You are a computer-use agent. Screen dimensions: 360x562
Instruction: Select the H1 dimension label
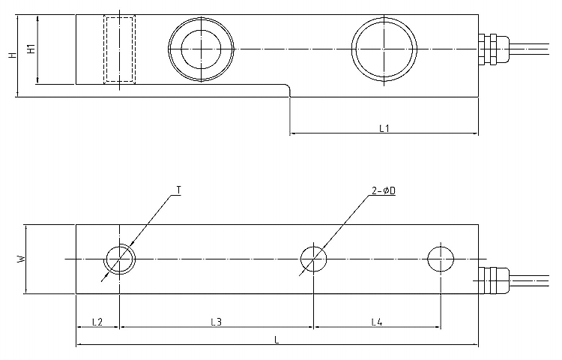click(x=31, y=49)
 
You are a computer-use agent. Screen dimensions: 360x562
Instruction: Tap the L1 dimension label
click(x=384, y=128)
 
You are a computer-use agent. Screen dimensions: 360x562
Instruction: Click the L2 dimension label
click(x=97, y=322)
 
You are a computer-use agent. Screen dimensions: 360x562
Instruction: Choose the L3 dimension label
click(x=217, y=322)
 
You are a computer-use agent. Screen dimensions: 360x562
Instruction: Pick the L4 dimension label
click(x=377, y=322)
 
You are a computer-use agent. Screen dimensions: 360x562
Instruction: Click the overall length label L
click(x=277, y=340)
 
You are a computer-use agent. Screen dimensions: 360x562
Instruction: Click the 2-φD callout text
click(x=384, y=192)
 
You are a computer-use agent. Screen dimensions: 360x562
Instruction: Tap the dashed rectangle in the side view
click(x=119, y=49)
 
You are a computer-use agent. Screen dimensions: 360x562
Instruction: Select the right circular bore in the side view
click(x=384, y=48)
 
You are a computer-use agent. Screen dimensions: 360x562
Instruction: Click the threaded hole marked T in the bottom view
click(x=120, y=259)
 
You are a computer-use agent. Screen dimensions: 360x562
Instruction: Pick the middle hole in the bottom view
click(x=313, y=259)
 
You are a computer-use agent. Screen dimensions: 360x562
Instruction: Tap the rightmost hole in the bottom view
click(x=440, y=259)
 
